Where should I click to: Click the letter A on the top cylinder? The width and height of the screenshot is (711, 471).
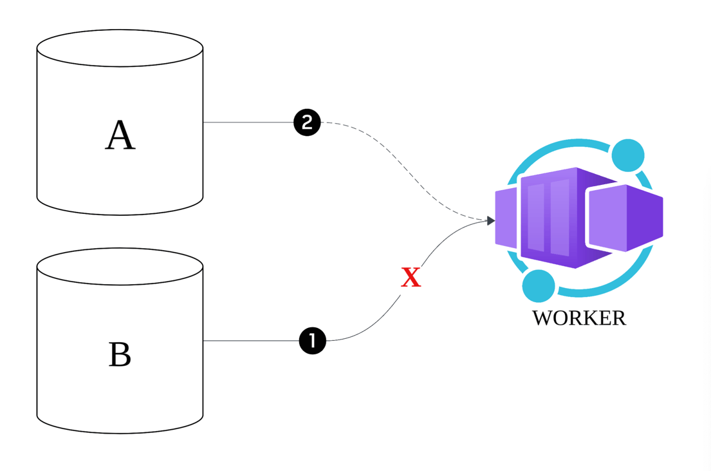click(x=120, y=136)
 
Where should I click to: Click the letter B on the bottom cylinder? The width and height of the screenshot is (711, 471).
click(x=120, y=354)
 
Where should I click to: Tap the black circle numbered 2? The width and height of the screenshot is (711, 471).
click(x=307, y=122)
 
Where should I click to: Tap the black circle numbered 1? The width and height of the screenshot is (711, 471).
click(x=313, y=341)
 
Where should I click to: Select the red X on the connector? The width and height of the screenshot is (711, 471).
click(x=411, y=278)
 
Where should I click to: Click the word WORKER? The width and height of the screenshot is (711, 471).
click(x=579, y=318)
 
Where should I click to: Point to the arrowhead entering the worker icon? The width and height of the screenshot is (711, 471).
click(x=490, y=221)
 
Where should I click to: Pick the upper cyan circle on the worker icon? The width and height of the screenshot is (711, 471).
click(x=628, y=155)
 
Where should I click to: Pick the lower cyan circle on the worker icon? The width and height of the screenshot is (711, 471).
click(x=539, y=286)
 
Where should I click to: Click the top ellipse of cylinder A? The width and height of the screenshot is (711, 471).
click(x=120, y=48)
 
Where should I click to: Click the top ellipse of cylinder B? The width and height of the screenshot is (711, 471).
click(x=120, y=267)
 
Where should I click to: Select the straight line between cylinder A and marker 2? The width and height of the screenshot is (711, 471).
click(x=248, y=122)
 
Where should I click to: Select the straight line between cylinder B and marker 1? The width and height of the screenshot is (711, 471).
click(x=251, y=341)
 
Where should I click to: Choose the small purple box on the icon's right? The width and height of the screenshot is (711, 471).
click(x=625, y=218)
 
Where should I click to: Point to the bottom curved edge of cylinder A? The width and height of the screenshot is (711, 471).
click(x=120, y=214)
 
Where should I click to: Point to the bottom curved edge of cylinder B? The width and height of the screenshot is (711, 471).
click(x=120, y=432)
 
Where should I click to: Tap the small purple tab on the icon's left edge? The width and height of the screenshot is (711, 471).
click(x=506, y=218)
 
